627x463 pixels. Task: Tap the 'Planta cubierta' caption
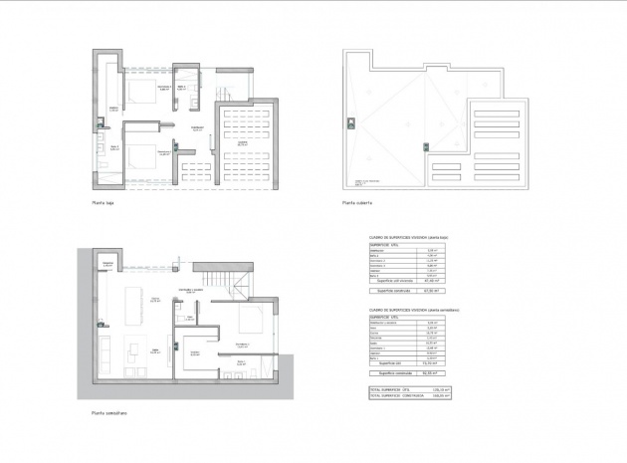click(356, 202)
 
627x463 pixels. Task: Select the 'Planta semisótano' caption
click(108, 412)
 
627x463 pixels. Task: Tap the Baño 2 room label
click(114, 147)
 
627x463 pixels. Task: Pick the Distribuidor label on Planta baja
click(198, 128)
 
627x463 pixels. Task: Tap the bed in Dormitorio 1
click(252, 323)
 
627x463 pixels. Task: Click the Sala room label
click(155, 350)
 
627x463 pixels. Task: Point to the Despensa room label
click(107, 263)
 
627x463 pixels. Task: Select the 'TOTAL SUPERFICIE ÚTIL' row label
click(389, 388)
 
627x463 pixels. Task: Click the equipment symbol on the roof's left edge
click(350, 123)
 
